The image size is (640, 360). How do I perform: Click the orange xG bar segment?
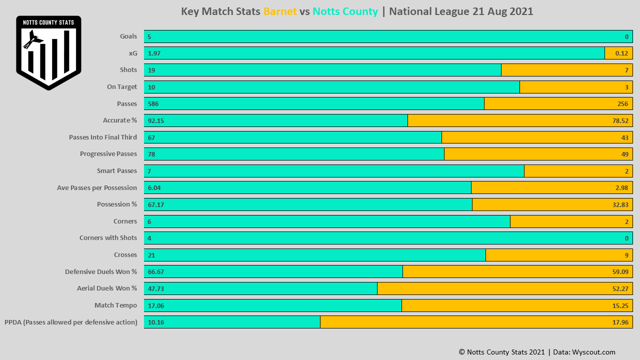(618, 53)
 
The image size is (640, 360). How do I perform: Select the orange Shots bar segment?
(566, 70)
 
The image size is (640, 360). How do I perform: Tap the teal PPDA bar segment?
(232, 322)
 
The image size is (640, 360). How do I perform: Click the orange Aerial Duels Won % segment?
(504, 288)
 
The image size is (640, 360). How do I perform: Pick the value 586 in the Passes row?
(153, 103)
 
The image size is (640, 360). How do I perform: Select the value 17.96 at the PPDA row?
(620, 322)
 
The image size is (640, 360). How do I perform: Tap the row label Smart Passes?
(117, 171)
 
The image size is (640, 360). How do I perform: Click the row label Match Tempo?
(115, 305)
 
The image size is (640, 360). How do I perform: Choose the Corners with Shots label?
(108, 238)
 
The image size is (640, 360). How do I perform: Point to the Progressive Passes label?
(108, 154)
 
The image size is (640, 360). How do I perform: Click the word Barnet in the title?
(280, 11)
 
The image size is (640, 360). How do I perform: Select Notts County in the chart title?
(345, 11)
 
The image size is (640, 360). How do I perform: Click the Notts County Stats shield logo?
(48, 52)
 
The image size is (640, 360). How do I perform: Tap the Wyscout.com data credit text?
(593, 352)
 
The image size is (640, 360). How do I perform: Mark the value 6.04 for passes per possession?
(154, 187)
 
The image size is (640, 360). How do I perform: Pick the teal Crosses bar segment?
(314, 255)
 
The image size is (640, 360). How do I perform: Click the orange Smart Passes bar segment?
(578, 171)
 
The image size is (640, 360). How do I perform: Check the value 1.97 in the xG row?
(154, 53)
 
